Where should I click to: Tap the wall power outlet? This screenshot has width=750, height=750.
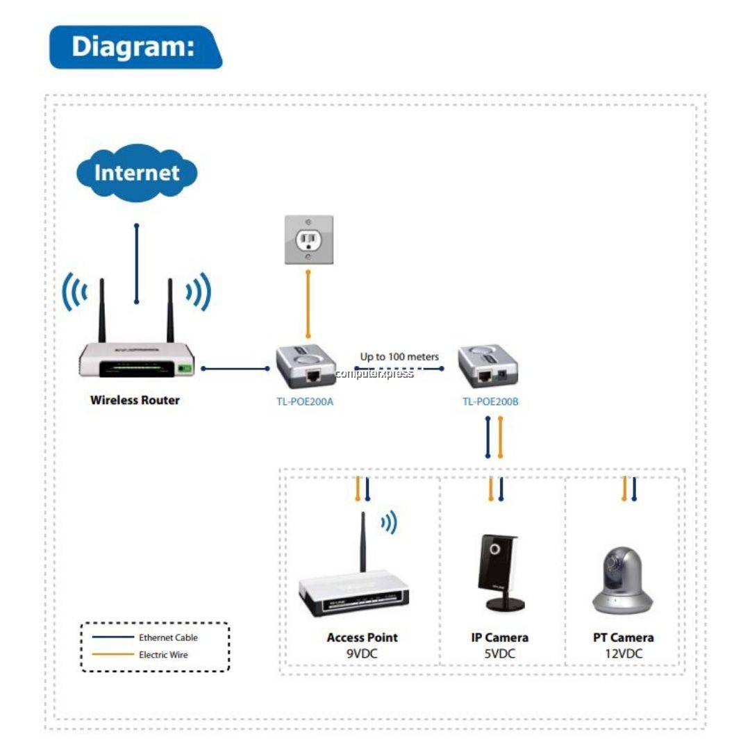point(308,240)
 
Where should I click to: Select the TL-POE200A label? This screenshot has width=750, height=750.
point(305,401)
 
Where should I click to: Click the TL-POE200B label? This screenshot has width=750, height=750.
point(490,401)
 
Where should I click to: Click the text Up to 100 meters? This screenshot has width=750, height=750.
point(399,356)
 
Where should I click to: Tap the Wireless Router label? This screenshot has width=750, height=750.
point(135,400)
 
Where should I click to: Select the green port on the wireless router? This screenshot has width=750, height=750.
point(184,368)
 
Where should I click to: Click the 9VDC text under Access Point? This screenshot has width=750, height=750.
point(362,653)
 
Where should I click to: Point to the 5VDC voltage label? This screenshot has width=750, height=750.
point(499,653)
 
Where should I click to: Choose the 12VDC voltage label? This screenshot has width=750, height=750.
point(623,653)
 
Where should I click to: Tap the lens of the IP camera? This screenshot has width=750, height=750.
point(494,549)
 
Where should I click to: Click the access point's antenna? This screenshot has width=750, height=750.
point(362,542)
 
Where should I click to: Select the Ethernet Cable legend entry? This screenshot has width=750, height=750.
point(168,637)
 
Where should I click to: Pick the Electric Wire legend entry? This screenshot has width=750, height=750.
point(163,654)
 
